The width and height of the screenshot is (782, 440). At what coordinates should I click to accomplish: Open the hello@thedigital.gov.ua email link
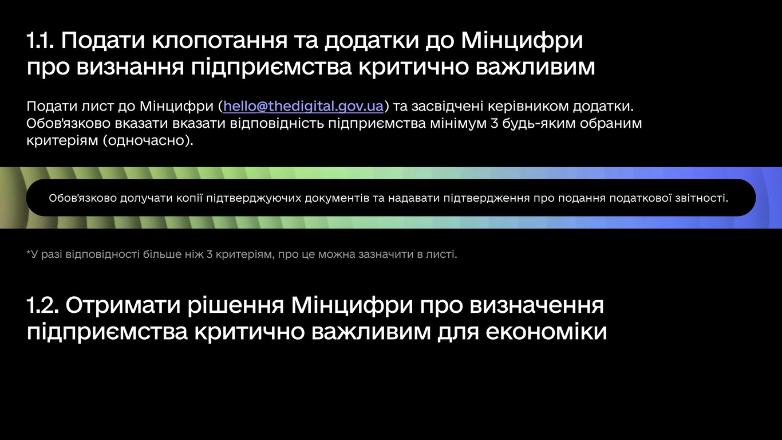tap(303, 107)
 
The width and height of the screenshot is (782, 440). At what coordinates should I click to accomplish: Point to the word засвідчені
tap(445, 107)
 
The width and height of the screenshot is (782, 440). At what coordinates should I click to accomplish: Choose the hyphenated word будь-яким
tap(534, 124)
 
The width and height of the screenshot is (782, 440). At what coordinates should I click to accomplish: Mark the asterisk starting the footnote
tap(29, 253)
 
